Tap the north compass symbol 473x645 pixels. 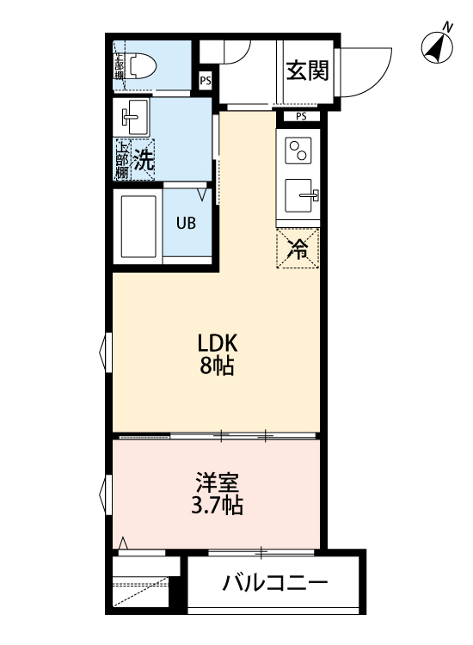438,47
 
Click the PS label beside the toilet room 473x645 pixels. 205,81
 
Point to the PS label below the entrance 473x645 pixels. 301,116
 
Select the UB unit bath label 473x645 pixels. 186,223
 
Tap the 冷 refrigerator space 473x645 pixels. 298,249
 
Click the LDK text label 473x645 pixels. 218,341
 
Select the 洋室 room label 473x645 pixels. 218,482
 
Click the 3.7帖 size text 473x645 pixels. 218,506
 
